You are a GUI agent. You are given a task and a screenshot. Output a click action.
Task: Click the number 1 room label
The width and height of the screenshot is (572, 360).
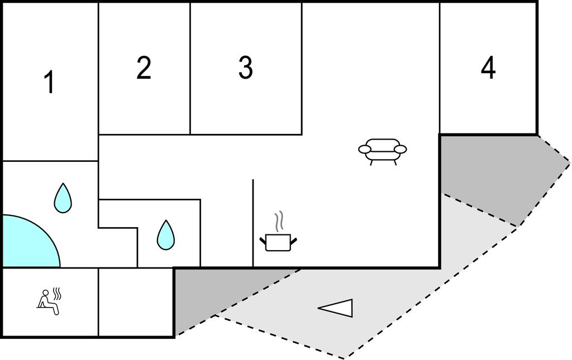tap(50, 83)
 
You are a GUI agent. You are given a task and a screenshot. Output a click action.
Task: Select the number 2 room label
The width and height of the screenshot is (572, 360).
tap(144, 68)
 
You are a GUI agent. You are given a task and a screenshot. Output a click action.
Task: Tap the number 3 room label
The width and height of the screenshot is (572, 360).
tap(245, 68)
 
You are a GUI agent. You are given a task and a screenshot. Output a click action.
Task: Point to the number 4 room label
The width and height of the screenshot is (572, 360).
tap(488, 68)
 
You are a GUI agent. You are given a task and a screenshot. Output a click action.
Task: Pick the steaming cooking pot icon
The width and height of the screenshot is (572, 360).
tap(278, 241)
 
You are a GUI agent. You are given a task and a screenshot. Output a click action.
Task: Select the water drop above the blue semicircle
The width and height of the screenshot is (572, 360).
tap(63, 199)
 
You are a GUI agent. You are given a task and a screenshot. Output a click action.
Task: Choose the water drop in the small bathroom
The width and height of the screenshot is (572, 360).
tap(165, 235)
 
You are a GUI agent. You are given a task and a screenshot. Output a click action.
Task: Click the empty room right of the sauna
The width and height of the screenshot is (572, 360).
tap(136, 301)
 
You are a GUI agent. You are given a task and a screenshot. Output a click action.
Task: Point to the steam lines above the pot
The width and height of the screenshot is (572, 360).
tap(279, 220)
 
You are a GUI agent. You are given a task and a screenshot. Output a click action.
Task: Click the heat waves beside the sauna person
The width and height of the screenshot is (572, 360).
tap(56, 292)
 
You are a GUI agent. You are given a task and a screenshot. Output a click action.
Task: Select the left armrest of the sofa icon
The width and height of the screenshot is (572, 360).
tap(365, 149)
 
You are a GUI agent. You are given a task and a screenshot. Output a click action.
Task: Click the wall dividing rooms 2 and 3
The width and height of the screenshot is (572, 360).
tap(190, 68)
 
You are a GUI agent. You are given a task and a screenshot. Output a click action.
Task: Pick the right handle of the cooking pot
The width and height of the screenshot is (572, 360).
tap(293, 241)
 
